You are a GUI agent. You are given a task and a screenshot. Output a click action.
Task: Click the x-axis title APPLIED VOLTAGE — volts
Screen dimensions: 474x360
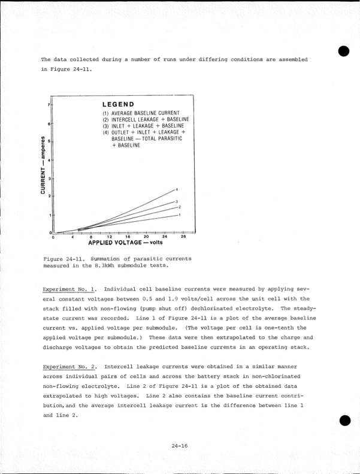click(125, 243)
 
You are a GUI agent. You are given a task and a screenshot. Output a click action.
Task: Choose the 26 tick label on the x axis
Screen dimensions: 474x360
click(183, 237)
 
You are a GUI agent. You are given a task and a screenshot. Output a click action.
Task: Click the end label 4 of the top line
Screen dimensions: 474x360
click(177, 190)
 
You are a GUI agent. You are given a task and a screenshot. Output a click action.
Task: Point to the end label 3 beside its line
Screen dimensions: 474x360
click(176, 202)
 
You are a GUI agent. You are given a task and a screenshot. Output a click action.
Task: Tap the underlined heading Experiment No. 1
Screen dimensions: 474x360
click(69, 289)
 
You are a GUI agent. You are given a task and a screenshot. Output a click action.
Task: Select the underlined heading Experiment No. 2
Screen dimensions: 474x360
click(69, 366)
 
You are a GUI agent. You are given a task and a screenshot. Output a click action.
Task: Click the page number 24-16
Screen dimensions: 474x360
click(180, 445)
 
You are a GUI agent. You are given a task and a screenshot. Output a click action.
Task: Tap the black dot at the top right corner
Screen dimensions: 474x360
click(343, 51)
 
